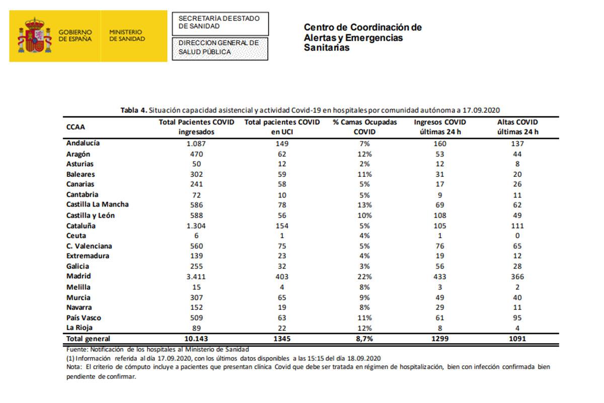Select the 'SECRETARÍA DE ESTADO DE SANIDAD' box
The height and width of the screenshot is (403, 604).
(220, 22)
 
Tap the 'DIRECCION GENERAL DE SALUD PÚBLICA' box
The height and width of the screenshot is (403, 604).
(220, 48)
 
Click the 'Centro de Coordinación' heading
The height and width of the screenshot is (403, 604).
(362, 28)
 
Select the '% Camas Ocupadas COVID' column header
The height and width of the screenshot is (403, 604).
(365, 127)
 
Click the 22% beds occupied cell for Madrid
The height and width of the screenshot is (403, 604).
(365, 277)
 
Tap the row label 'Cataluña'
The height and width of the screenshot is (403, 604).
(82, 226)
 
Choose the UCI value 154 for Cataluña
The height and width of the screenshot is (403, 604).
(282, 226)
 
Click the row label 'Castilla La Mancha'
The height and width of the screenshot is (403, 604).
(97, 205)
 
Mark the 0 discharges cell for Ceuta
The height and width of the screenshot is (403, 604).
(517, 236)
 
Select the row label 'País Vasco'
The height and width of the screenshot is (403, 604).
(84, 317)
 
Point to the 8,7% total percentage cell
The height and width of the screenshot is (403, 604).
(365, 339)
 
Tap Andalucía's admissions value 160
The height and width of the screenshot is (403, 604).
(439, 144)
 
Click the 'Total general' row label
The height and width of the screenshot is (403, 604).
(88, 339)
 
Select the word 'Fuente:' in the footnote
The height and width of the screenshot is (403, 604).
(77, 349)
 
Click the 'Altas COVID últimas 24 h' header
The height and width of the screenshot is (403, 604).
(517, 127)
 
